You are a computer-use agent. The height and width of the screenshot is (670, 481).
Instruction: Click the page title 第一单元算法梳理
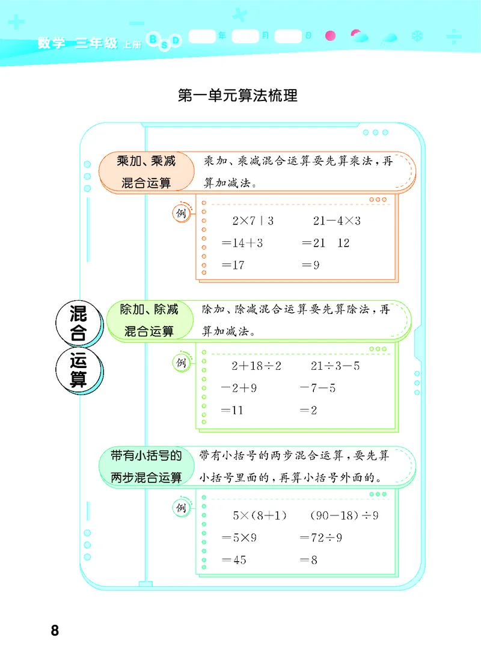click(238, 95)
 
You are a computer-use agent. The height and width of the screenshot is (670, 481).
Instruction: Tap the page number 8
click(55, 630)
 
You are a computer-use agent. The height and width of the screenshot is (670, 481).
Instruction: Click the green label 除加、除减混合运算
click(149, 320)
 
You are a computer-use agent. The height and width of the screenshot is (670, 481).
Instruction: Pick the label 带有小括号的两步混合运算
click(146, 467)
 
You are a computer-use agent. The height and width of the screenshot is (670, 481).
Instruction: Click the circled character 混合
click(78, 323)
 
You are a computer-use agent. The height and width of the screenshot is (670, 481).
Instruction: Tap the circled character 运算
click(78, 370)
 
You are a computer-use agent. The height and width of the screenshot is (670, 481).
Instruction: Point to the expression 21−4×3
click(336, 221)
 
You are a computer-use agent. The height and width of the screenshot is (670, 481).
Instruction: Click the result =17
click(233, 265)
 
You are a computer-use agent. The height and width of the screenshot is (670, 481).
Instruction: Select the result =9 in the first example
click(310, 265)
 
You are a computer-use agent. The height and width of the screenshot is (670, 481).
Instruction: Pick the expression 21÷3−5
click(335, 366)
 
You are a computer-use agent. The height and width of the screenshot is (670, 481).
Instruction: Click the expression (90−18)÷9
click(344, 515)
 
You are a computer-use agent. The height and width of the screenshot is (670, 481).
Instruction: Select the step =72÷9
click(321, 538)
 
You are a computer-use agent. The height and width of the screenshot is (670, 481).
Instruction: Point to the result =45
click(234, 560)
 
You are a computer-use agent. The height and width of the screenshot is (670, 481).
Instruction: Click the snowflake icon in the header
click(416, 37)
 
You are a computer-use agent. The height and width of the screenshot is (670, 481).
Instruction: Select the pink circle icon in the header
click(329, 36)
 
